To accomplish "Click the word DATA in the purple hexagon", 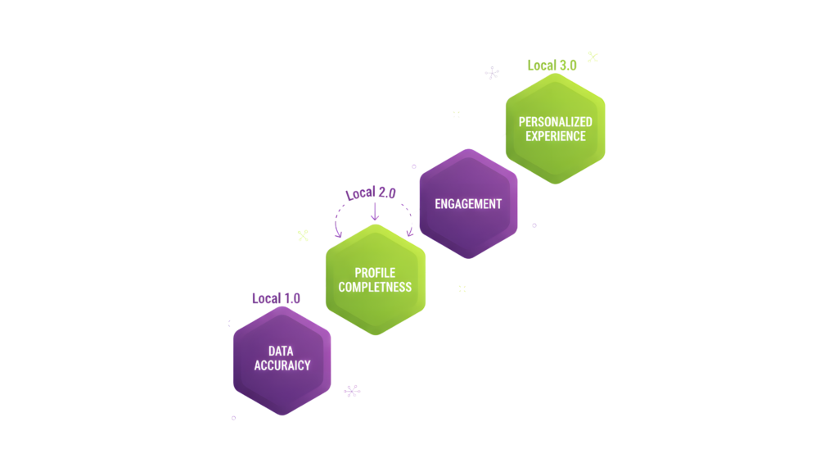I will click(x=281, y=351).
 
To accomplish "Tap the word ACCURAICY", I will click(x=282, y=365).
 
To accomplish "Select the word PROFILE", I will click(x=375, y=273).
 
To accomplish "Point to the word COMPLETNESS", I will click(x=375, y=287).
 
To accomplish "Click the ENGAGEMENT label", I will click(x=468, y=203).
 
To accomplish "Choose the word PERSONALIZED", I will click(x=556, y=121).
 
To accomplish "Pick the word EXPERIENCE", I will click(x=556, y=136).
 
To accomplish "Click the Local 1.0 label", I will click(x=276, y=298).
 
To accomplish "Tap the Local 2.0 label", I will click(x=370, y=194).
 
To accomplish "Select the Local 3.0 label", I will click(x=552, y=65).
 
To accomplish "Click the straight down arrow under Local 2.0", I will click(x=375, y=211).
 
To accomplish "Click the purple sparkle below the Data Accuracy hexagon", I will click(x=352, y=391).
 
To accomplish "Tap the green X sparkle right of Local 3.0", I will click(x=592, y=57).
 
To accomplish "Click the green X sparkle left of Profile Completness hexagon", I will click(x=303, y=235).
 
